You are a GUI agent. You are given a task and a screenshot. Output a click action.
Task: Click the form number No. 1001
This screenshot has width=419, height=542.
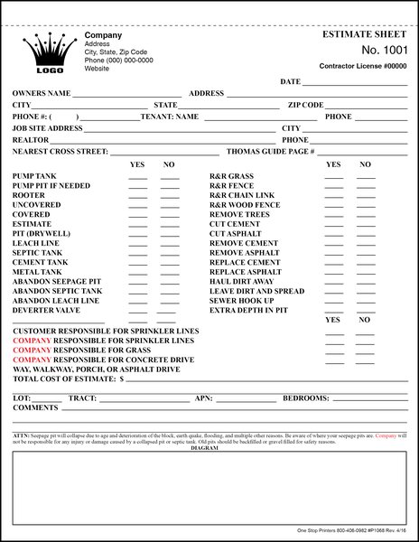click(x=386, y=50)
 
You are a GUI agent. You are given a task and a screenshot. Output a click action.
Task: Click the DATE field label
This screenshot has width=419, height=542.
click(x=290, y=81)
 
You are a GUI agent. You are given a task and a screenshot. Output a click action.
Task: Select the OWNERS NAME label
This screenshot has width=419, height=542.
click(x=42, y=93)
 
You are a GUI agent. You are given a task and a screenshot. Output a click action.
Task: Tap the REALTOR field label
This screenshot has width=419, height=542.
click(x=30, y=140)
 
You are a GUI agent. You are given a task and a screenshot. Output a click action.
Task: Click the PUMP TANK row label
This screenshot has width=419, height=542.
click(x=35, y=175)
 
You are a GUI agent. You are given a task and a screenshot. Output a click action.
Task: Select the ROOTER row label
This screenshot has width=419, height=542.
click(x=28, y=194)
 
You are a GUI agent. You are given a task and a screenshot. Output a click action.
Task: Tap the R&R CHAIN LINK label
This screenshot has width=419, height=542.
click(x=243, y=194)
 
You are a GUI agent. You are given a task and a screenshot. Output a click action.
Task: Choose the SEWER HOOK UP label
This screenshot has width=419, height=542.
click(x=241, y=301)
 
